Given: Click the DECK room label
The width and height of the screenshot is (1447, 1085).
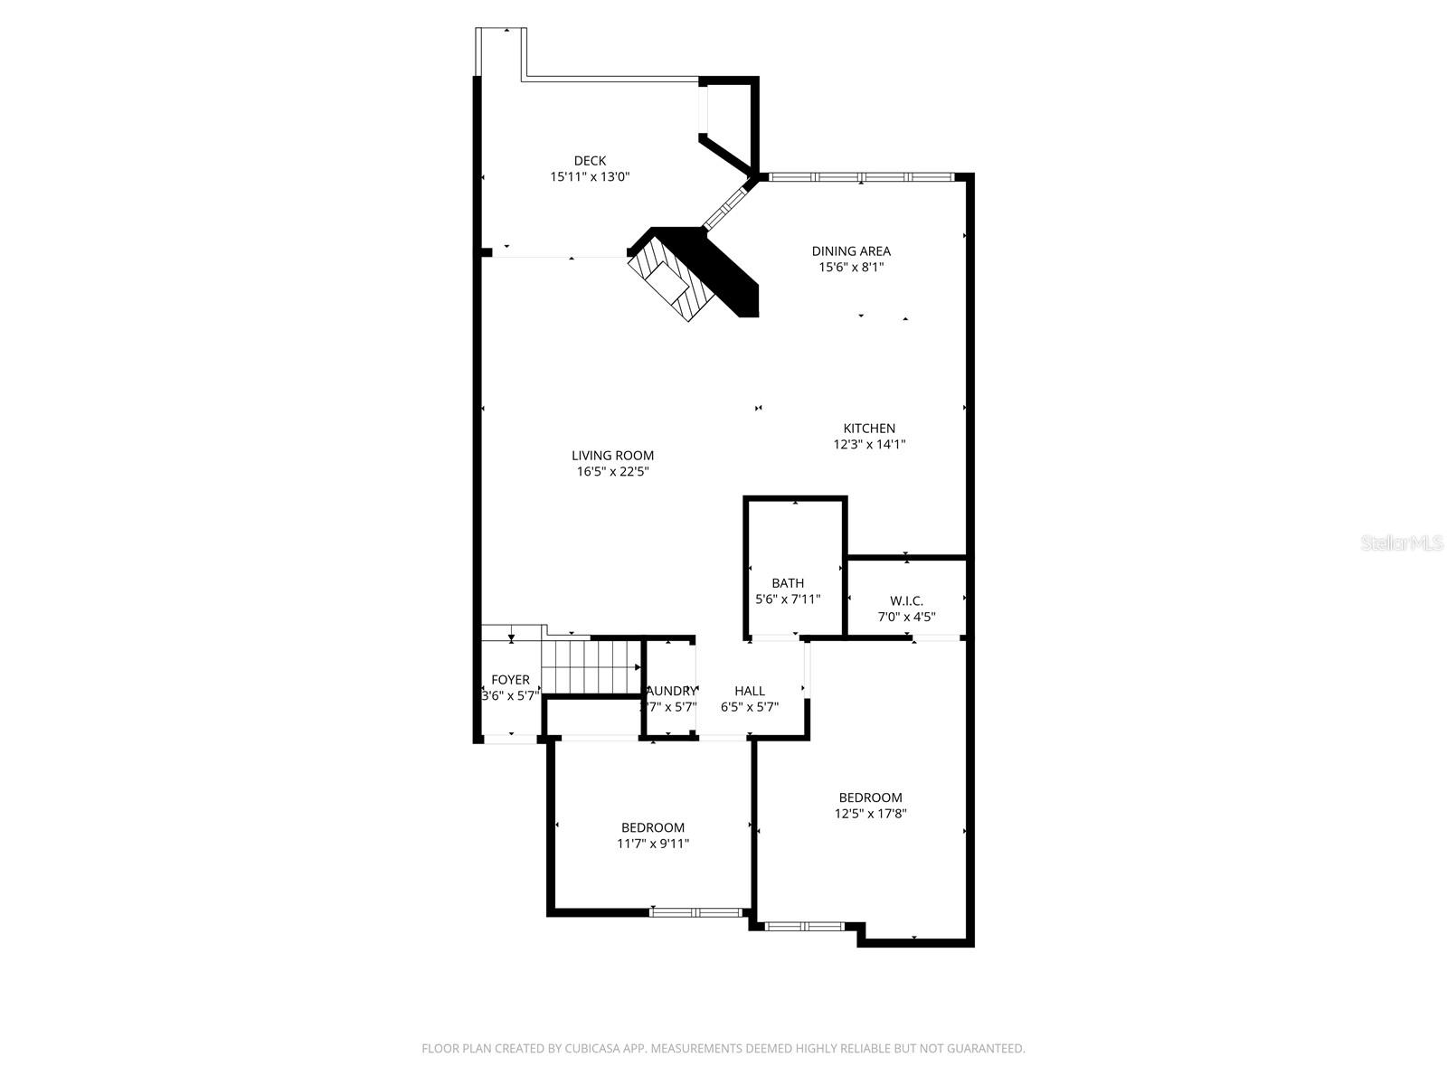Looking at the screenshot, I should [590, 161].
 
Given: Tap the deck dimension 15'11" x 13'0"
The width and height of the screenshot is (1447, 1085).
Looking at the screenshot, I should [590, 177].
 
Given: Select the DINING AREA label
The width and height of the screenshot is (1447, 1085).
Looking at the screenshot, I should [851, 251].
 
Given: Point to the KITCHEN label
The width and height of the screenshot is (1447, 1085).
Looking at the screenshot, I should [869, 429].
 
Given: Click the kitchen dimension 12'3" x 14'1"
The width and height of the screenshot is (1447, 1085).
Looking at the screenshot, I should [869, 445].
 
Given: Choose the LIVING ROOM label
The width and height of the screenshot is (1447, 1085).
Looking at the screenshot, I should [612, 456].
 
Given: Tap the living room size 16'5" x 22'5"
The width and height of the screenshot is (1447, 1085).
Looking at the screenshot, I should [612, 472].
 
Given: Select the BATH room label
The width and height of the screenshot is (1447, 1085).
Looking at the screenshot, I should [788, 583].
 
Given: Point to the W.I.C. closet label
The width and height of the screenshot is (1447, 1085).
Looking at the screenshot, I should [906, 600].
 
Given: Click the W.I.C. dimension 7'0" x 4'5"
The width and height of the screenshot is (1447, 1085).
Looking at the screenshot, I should [906, 618].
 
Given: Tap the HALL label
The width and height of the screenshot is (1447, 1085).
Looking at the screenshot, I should [750, 691].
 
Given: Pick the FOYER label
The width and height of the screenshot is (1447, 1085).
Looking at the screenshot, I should [510, 680].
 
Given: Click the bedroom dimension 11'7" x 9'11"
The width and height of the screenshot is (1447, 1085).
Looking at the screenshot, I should [653, 844].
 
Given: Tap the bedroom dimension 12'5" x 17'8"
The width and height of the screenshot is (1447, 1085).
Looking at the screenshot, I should [870, 814].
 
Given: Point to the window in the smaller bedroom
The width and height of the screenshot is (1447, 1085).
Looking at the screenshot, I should [695, 912].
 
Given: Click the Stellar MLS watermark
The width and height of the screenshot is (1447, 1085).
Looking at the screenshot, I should [1402, 543].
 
